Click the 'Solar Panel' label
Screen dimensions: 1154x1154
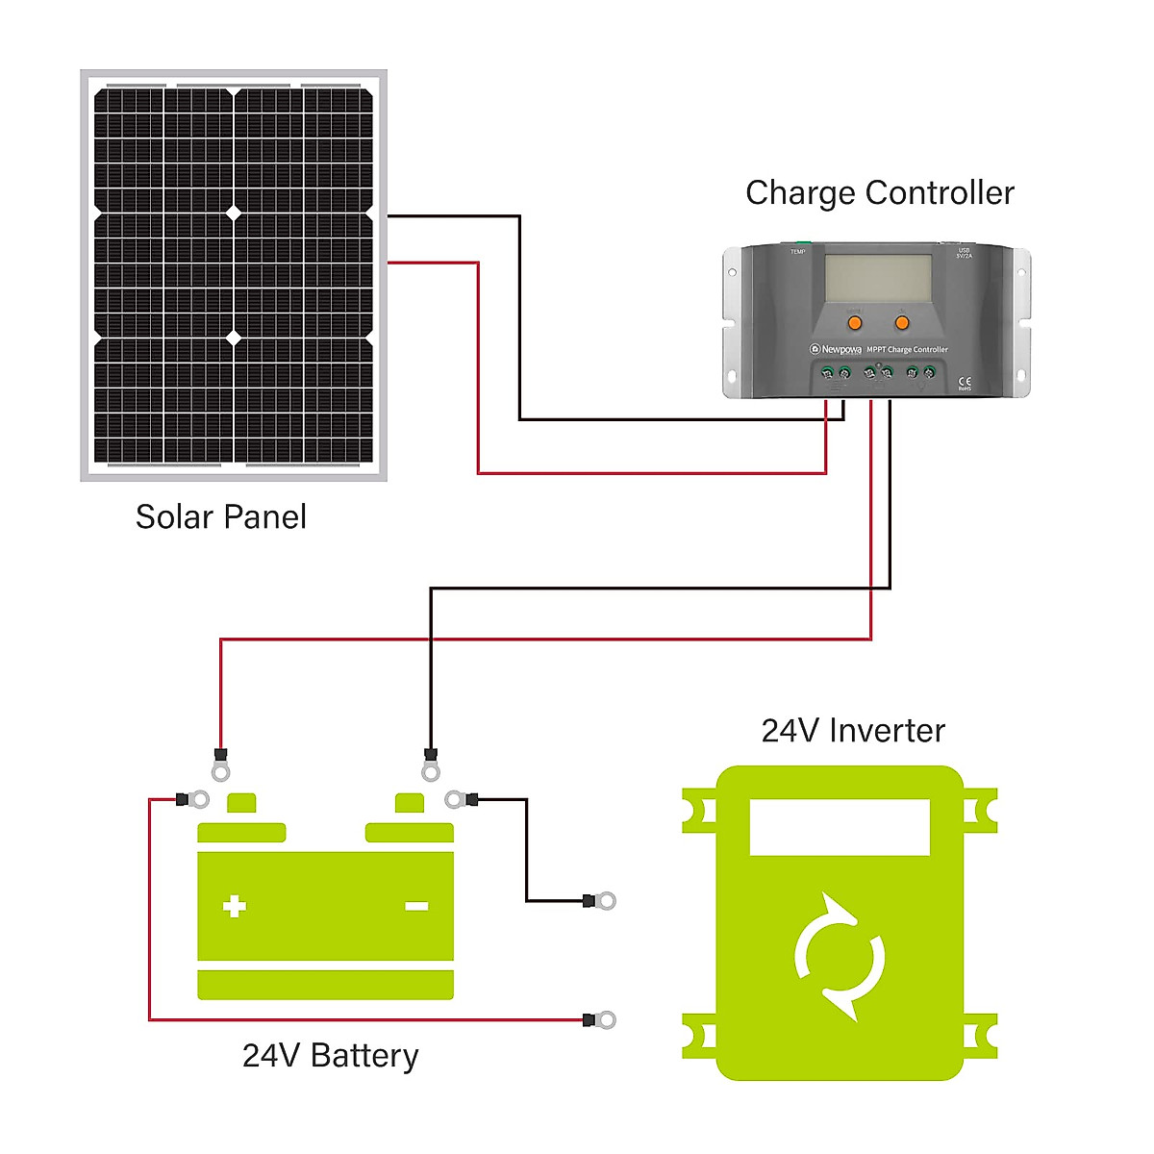coord(220,516)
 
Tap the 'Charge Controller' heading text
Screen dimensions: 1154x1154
coord(879,192)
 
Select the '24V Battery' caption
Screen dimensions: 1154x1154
coord(330,1055)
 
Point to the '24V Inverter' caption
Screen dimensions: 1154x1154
coord(853,730)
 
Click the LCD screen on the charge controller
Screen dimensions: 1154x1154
coord(879,277)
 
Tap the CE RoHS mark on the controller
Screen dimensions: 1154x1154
coord(965,383)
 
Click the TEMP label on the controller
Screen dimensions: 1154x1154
coord(797,252)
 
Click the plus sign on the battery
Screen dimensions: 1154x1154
coord(235,906)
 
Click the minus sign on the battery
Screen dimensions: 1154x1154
coord(416,906)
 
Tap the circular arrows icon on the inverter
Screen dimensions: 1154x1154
coord(840,957)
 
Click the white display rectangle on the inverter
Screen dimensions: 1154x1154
coord(840,827)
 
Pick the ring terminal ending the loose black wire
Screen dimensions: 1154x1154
coord(605,901)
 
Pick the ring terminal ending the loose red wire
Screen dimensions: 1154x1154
coord(605,1019)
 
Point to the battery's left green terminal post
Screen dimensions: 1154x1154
coord(240,803)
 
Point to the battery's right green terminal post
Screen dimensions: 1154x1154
coord(410,803)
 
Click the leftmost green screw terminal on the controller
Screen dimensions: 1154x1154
coord(828,372)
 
